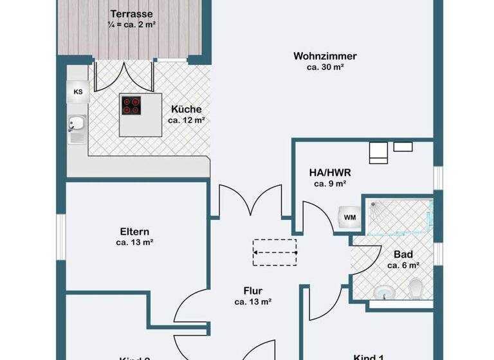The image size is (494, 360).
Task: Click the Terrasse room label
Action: (131, 14)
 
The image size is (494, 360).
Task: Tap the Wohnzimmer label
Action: (325, 56)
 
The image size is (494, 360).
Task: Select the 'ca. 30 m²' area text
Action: (325, 67)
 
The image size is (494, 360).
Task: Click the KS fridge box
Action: (78, 92)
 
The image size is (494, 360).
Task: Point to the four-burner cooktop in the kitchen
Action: (132, 105)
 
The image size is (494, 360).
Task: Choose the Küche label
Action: (187, 109)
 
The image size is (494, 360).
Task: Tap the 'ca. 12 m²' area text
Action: (187, 120)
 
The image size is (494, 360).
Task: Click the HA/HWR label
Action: (330, 172)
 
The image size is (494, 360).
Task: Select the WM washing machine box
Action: (350, 217)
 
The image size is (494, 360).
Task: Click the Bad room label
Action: (403, 254)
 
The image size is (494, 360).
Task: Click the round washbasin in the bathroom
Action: (384, 292)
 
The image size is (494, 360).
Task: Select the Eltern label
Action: (134, 231)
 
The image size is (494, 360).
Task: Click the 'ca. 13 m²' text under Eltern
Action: (134, 242)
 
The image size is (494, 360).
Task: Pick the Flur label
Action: (253, 291)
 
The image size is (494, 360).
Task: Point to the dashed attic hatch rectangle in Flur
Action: (275, 251)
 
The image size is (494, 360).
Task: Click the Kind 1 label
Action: (369, 357)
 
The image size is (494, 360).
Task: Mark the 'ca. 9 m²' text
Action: (330, 183)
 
